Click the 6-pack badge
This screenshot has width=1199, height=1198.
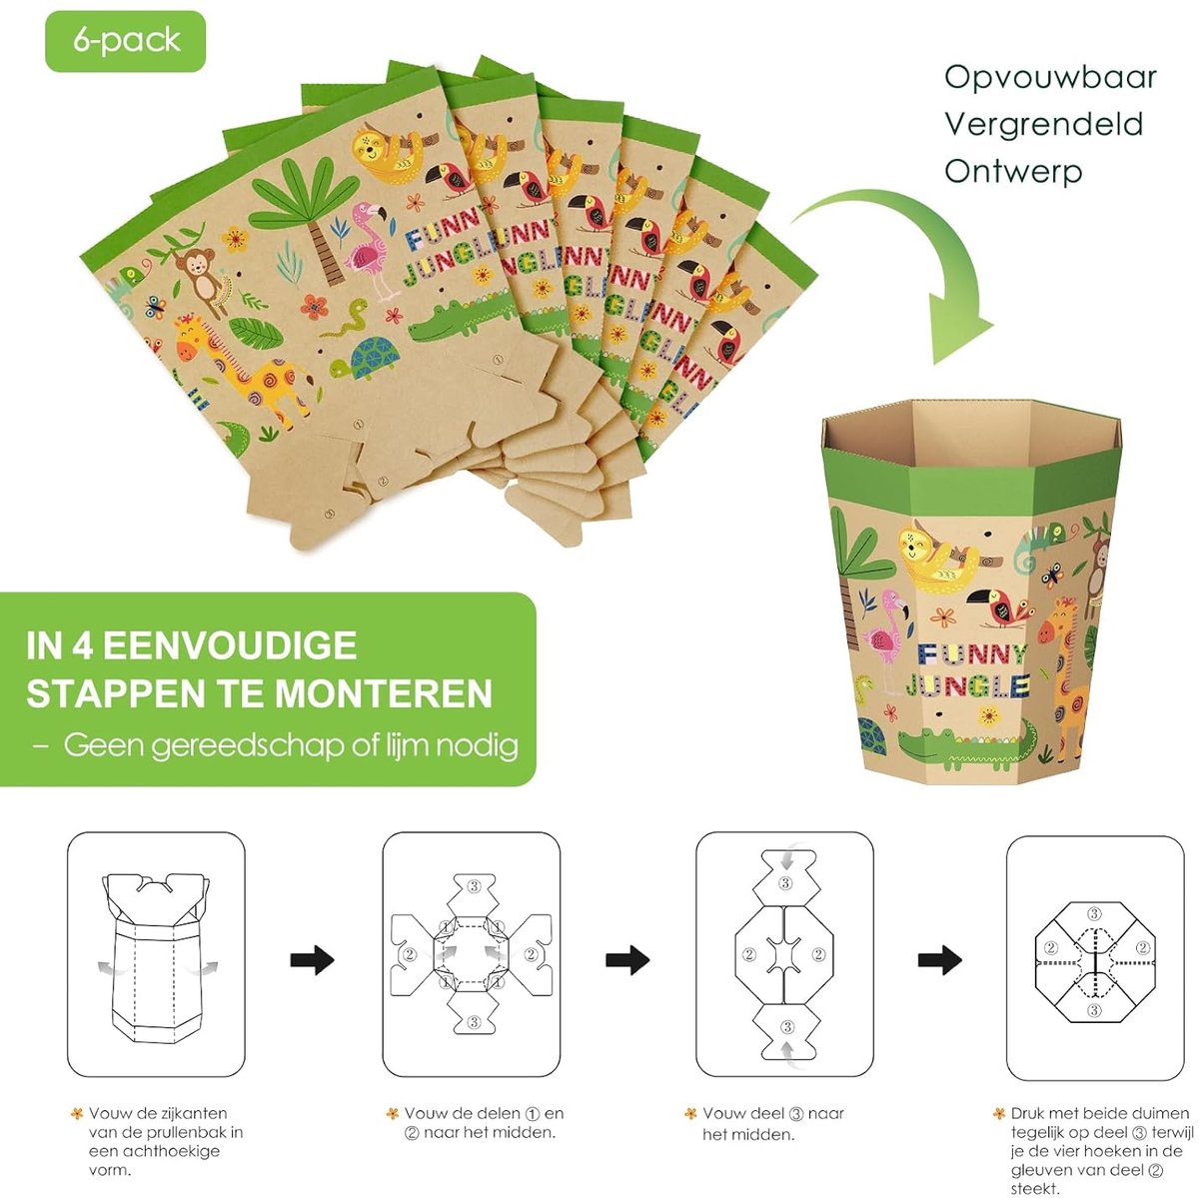click(x=125, y=41)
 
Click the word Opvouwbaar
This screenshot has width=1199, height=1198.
click(x=1050, y=78)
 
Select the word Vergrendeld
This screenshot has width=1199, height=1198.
click(x=1044, y=125)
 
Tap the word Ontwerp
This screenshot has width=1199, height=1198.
click(x=1013, y=172)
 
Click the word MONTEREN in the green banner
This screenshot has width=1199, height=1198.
click(x=384, y=693)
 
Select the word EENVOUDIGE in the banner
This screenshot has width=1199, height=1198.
click(x=230, y=645)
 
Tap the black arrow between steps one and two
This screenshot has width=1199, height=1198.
click(x=313, y=959)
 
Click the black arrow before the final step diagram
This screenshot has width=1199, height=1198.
click(x=939, y=959)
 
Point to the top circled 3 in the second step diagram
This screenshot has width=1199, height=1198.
click(x=474, y=886)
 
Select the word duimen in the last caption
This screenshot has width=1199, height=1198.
click(x=1159, y=1113)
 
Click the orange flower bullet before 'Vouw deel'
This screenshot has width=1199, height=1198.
click(x=690, y=1113)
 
